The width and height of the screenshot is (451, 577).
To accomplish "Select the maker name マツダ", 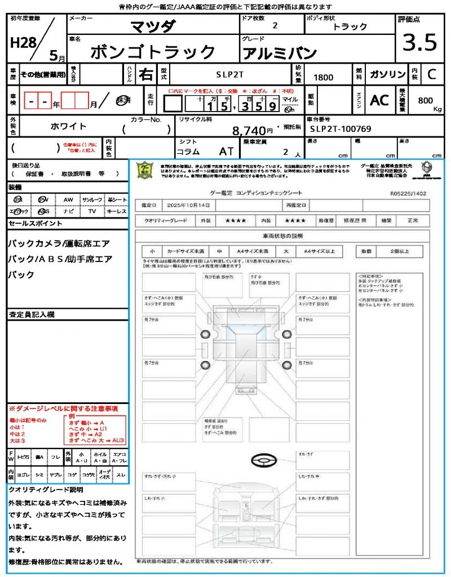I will tap(153, 26).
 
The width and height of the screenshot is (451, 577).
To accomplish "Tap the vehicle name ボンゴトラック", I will tap(153, 52).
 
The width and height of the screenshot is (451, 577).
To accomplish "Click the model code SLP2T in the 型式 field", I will tap(229, 74).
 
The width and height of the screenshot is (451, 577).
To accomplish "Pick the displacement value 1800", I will tap(323, 78).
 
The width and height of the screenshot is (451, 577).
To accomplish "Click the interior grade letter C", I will tap(431, 74).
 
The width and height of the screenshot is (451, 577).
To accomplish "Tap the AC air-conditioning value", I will tap(379, 100).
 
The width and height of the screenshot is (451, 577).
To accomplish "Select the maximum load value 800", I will tap(426, 100).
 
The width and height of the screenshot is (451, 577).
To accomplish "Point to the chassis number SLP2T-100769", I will tap(341, 129).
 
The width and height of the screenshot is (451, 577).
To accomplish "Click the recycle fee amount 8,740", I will tap(249, 131).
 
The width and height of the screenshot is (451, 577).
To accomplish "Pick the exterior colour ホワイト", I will tap(69, 126).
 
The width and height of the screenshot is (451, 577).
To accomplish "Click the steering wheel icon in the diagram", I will tap(263, 461).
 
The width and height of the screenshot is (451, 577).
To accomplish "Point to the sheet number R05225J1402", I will tap(408, 193).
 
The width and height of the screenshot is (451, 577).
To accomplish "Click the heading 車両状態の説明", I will tap(282, 236).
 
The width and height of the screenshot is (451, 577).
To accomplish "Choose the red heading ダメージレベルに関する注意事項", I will tap(63, 408).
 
